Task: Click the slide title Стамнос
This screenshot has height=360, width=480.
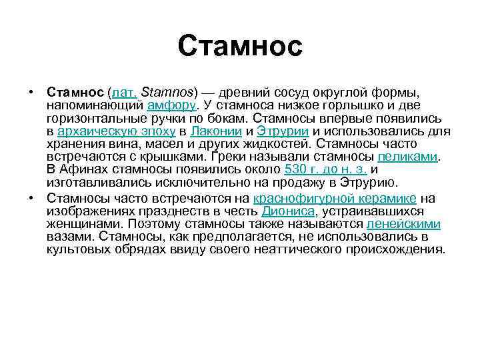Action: (x=240, y=46)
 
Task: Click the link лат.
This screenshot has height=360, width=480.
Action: (x=125, y=91)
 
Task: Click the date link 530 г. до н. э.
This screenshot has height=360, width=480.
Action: (x=325, y=170)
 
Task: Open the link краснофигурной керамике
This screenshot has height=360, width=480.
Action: (x=335, y=198)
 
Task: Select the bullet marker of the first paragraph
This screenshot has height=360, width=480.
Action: (x=31, y=91)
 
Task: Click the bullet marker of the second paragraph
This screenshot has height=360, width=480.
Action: (x=31, y=198)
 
